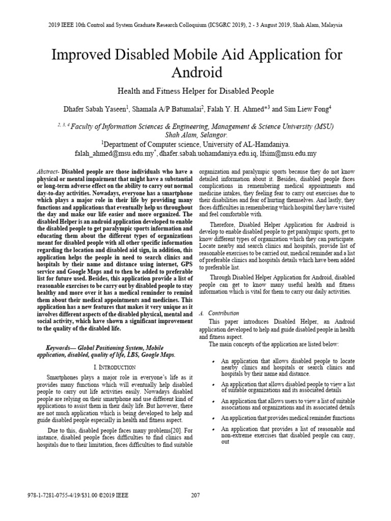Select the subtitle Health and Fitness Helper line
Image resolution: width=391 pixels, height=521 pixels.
[x=195, y=91]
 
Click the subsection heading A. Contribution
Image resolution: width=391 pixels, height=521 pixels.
[x=220, y=313]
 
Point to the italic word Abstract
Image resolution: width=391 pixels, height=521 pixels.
[x=48, y=172]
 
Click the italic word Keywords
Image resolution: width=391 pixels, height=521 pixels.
[x=54, y=348]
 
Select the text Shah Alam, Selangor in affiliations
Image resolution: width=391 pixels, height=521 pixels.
[x=195, y=135]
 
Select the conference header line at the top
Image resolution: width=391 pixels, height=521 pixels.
[x=195, y=24]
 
